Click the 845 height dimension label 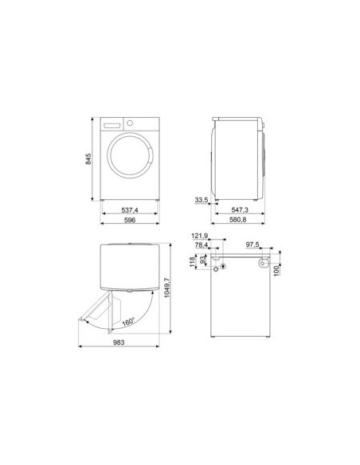point(88,159)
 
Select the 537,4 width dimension point(130,210)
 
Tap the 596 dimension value point(130,220)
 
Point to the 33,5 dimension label point(202,200)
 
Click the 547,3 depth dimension point(240,210)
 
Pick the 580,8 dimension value point(238,220)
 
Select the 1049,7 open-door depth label point(167,287)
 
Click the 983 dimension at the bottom point(119,342)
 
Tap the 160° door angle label point(127,322)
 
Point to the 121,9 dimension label point(200,236)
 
